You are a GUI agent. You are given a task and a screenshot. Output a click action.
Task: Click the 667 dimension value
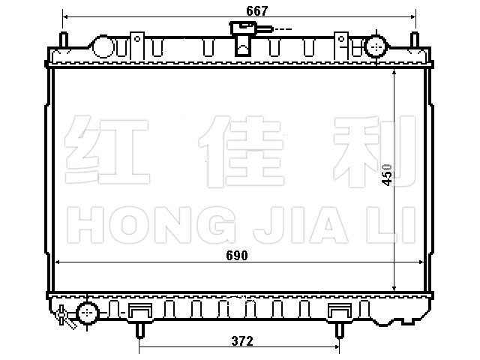pos(256,11)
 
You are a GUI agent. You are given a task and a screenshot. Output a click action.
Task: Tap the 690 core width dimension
pos(237,255)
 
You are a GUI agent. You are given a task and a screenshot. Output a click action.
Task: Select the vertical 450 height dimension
pos(387,175)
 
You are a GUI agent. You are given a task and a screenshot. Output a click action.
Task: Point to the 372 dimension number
pos(242,340)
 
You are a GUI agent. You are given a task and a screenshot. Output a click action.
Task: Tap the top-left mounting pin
pos(64,40)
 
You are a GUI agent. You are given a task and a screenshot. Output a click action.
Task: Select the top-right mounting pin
pos(415,40)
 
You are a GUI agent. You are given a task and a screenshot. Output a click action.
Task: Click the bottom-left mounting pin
pos(140,330)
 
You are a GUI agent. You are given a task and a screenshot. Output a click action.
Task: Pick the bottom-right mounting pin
pos(339,330)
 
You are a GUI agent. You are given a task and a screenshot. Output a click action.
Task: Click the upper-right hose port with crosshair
pos(376,46)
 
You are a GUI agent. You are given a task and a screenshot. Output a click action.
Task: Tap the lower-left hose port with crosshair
pos(88,313)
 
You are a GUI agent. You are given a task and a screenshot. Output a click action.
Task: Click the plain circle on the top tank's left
pos(103,46)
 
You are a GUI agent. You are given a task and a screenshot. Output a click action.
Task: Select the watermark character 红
pos(107,150)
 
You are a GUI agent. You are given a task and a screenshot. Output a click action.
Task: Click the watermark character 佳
pos(241,151)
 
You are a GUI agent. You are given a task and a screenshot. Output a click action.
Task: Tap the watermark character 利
pos(374,151)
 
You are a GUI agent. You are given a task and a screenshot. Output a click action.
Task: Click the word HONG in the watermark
pos(151,225)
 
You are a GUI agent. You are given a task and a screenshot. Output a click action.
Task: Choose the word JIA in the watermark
pos(301,225)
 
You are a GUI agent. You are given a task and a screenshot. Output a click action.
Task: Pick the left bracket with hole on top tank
pos(137,46)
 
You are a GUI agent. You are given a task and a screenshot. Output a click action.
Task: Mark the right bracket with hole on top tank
pos(341,46)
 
